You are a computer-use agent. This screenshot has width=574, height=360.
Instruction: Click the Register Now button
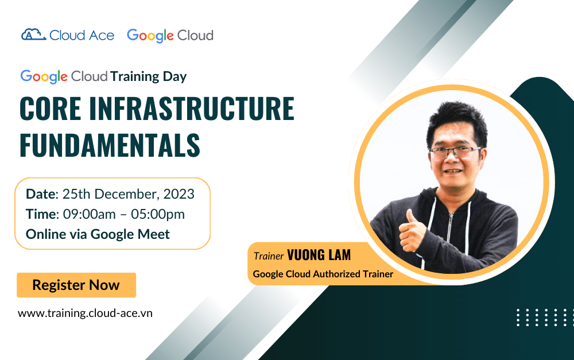pos(76,285)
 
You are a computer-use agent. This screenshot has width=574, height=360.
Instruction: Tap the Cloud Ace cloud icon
pos(33,35)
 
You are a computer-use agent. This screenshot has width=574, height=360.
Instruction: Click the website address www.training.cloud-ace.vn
pos(85,313)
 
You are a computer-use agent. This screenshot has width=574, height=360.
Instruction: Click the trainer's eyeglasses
pos(454,151)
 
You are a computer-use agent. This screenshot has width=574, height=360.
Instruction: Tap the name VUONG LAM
pos(319,255)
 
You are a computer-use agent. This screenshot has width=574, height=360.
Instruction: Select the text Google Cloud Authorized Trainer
pos(323,274)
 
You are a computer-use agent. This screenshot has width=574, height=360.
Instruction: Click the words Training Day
pos(149,76)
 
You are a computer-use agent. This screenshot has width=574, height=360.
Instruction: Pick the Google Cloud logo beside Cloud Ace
pos(170,36)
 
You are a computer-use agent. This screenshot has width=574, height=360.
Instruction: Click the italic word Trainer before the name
pos(269,256)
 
